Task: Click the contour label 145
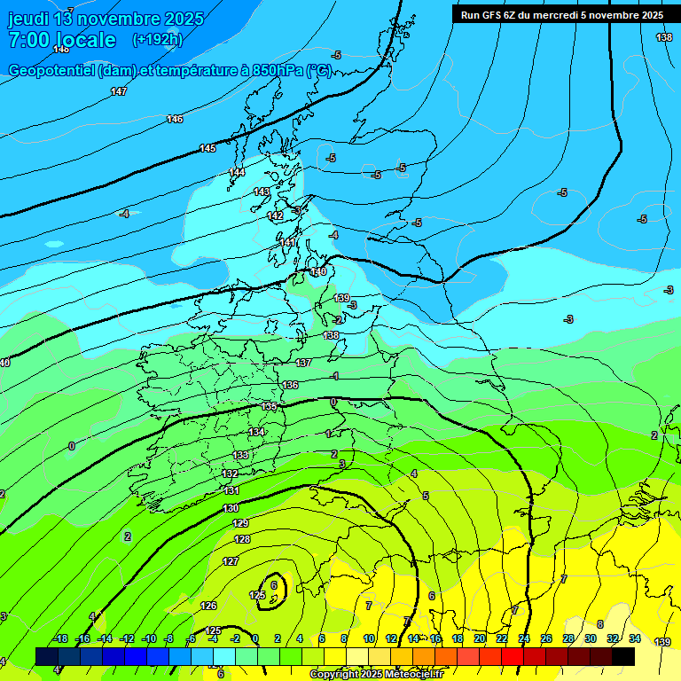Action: pyautogui.click(x=207, y=148)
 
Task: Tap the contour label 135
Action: pyautogui.click(x=270, y=406)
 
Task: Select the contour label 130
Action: pyautogui.click(x=231, y=508)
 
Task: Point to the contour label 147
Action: pyautogui.click(x=119, y=91)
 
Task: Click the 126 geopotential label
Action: pyautogui.click(x=208, y=606)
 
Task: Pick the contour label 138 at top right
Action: pyautogui.click(x=664, y=37)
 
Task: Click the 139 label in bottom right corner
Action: pyautogui.click(x=662, y=641)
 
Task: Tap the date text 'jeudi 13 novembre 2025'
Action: pyautogui.click(x=106, y=19)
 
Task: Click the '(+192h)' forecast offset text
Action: pyautogui.click(x=157, y=39)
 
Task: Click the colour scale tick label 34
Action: pyautogui.click(x=635, y=638)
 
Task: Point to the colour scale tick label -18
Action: pyautogui.click(x=60, y=638)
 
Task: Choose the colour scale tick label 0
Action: pyautogui.click(x=254, y=638)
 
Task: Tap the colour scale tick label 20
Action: pyautogui.click(x=480, y=638)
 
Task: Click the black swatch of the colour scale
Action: pyautogui.click(x=623, y=656)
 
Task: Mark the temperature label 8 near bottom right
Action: pyautogui.click(x=600, y=624)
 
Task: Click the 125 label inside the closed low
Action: pyautogui.click(x=258, y=595)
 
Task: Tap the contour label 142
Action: pyautogui.click(x=275, y=215)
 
